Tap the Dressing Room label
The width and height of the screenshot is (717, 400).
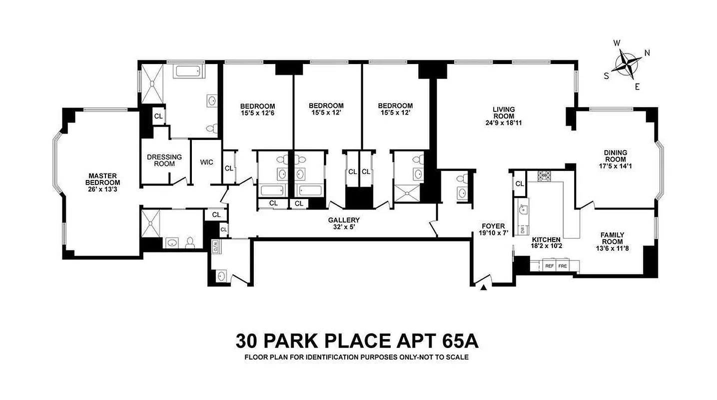[164, 160]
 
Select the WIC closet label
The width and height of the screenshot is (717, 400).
[206, 162]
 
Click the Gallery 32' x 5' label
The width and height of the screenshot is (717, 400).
[344, 223]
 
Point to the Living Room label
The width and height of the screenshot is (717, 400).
[503, 116]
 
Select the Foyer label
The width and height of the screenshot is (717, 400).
[493, 229]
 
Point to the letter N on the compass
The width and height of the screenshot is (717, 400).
[647, 53]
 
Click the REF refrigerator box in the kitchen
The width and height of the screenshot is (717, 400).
[550, 266]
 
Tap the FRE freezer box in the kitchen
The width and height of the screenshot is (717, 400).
[563, 266]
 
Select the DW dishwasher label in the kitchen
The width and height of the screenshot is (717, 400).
[523, 229]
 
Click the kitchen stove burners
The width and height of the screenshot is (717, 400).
[544, 175]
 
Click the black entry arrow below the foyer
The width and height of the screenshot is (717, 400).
[484, 287]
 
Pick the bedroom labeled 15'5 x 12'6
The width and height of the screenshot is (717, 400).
[257, 109]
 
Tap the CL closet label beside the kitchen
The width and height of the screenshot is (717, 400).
[520, 183]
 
